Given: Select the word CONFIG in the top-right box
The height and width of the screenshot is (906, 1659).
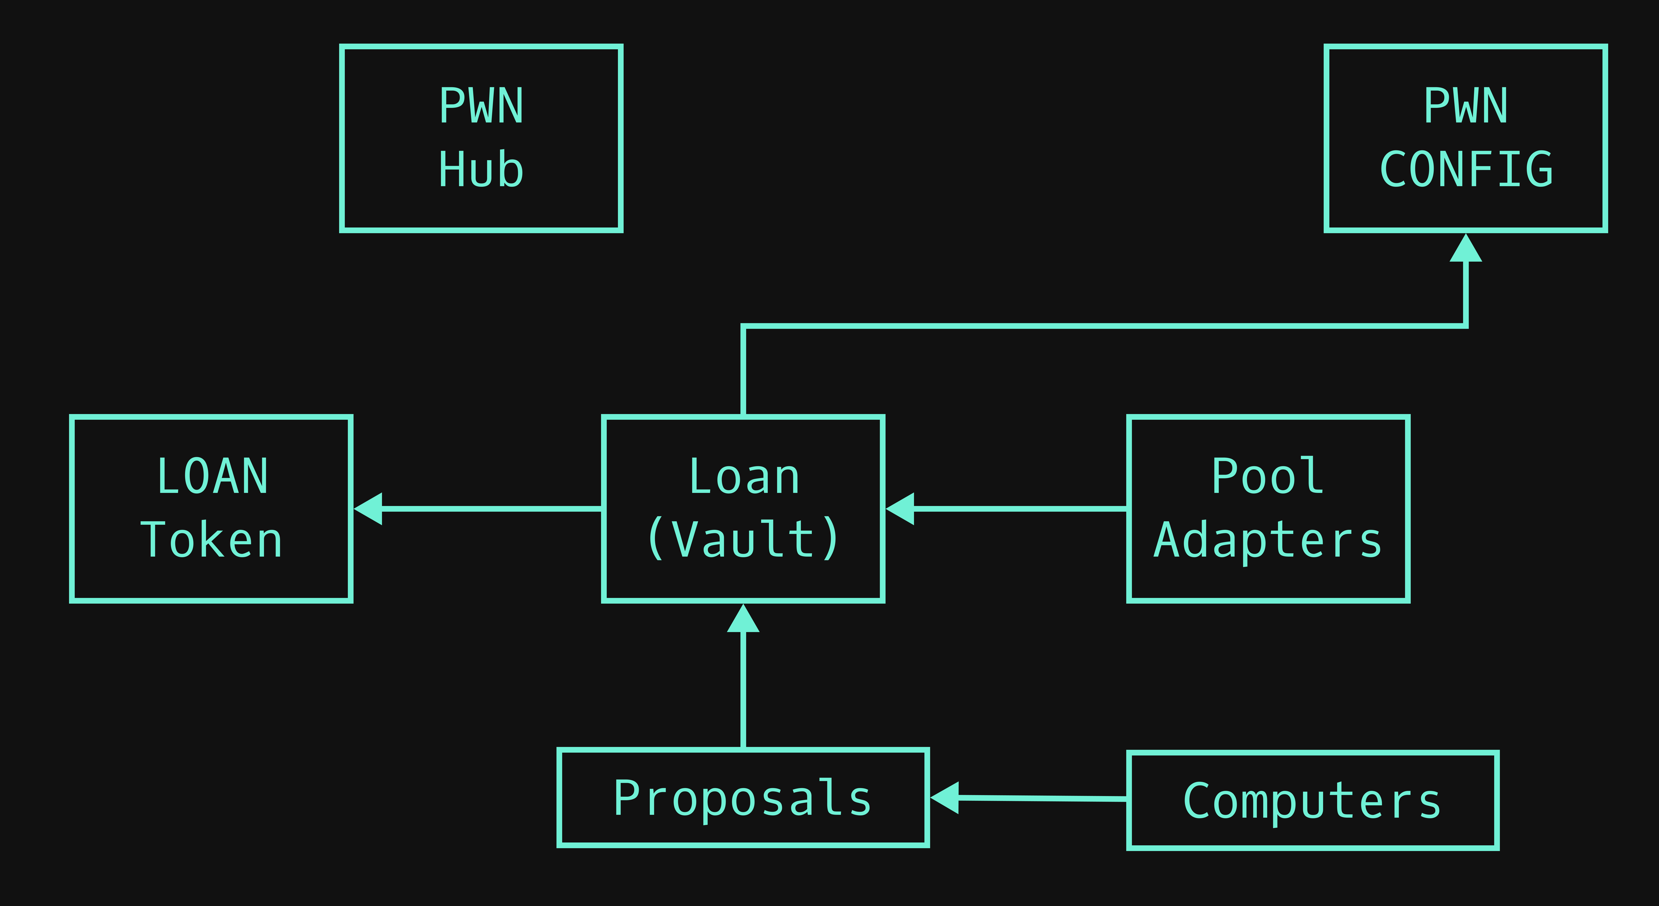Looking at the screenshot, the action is [1466, 169].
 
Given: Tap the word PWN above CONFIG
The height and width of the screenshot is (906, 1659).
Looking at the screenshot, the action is [1466, 106].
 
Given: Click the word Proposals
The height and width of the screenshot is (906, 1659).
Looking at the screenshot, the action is [743, 799].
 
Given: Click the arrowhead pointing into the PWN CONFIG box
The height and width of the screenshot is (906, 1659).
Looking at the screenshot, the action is [1466, 248].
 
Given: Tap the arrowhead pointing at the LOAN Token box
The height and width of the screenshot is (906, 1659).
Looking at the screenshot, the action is [368, 509].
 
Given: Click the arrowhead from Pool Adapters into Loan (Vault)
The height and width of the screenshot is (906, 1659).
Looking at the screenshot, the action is [900, 509].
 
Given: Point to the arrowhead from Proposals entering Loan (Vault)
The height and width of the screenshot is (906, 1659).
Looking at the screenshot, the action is [743, 618].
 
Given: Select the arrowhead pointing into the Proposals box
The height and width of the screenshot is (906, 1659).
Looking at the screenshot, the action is [945, 798].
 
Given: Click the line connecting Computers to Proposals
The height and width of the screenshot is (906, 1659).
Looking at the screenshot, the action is [1043, 799].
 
